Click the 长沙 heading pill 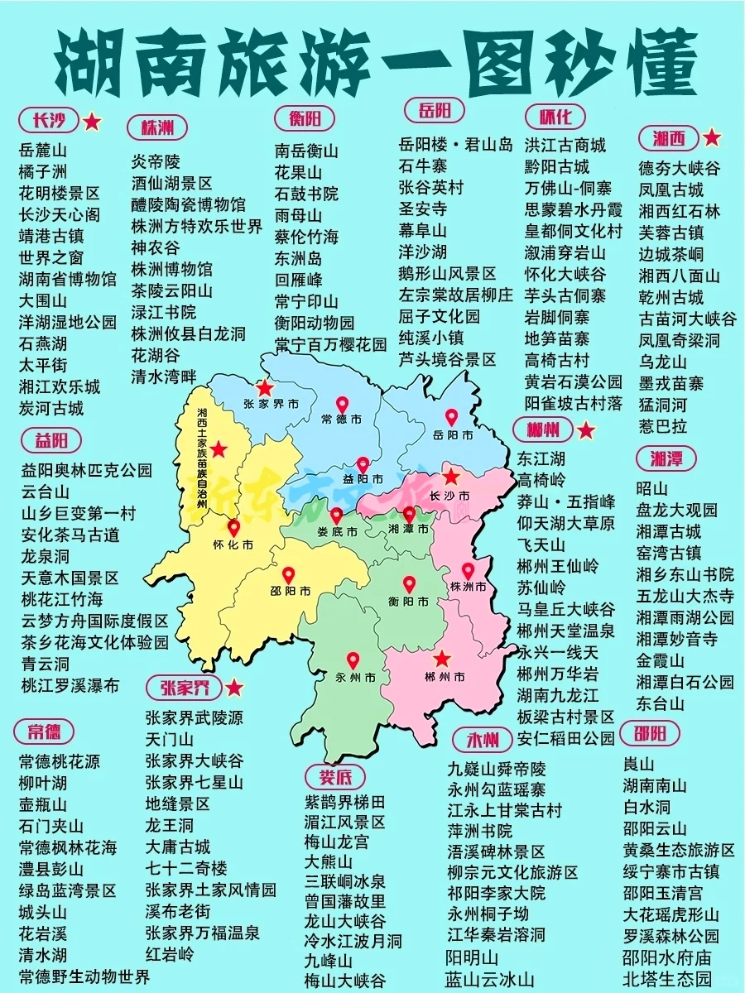(x=48, y=121)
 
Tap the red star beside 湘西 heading (x=712, y=137)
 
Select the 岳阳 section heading (x=435, y=111)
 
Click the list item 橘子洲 (x=42, y=172)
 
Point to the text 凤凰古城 (x=670, y=189)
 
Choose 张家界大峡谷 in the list (x=195, y=760)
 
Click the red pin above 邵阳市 (x=288, y=574)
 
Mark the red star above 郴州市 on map (x=442, y=659)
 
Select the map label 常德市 (x=341, y=420)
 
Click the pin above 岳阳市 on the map (x=451, y=417)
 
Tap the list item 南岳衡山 (x=306, y=151)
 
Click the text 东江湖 (x=541, y=458)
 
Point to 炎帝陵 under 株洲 (x=156, y=161)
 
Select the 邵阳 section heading (x=656, y=733)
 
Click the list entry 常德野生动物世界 (x=84, y=976)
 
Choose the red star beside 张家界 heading (x=235, y=688)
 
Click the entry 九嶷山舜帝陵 (x=497, y=767)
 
